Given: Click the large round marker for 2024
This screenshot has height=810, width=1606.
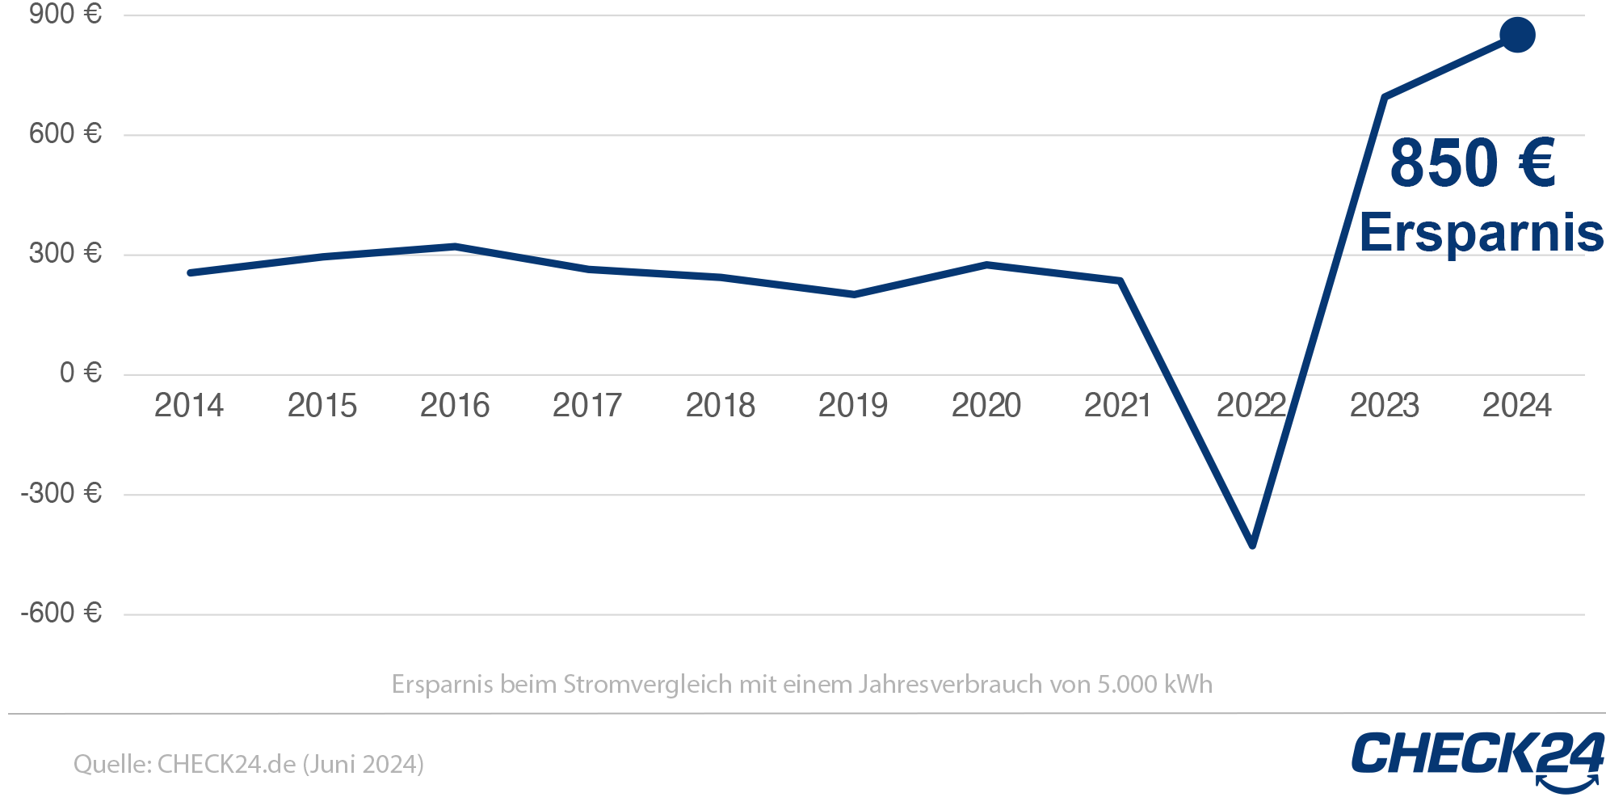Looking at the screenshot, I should point(1517,35).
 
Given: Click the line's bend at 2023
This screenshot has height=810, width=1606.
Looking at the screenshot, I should point(1385,97).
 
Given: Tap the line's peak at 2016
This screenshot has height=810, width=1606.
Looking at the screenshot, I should point(455,246).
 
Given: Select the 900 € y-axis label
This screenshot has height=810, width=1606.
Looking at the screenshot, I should point(65,14).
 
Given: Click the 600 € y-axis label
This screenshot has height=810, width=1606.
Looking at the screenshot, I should point(65,133).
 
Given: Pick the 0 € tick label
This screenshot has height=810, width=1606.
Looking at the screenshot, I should point(80,373).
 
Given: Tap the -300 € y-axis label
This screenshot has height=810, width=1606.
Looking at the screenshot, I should point(61,493).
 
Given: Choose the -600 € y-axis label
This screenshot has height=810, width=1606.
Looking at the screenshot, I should point(61,613).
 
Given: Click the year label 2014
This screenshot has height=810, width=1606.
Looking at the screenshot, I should point(189,406).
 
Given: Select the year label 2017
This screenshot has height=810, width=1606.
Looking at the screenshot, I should point(587,406).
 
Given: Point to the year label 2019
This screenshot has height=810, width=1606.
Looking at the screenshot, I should point(853,406).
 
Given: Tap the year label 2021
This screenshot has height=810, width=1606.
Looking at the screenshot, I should point(1118,406).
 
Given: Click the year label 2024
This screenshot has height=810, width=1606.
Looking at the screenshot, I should point(1517,406).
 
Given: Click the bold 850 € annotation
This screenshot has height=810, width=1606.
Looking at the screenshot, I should point(1472,163).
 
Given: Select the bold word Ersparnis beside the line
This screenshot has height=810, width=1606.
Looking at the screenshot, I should point(1481,234).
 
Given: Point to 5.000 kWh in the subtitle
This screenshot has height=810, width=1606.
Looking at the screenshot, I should point(1154,685).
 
